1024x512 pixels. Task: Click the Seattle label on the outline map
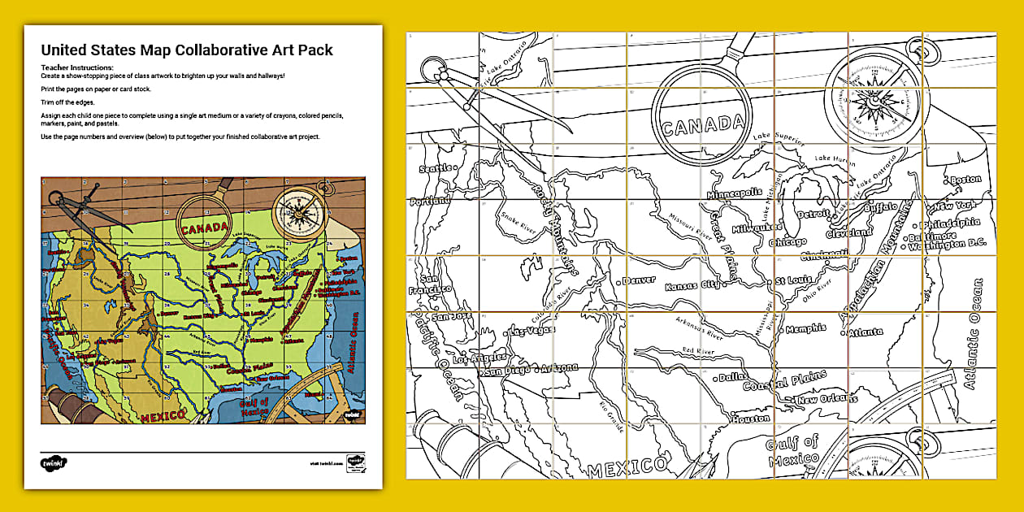[435, 169]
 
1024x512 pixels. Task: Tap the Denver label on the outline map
[640, 280]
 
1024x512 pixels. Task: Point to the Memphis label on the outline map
[806, 328]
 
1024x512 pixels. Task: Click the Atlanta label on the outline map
[866, 332]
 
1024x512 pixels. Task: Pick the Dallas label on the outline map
[735, 377]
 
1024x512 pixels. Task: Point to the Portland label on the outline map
[431, 201]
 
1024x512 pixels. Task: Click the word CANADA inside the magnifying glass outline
[703, 125]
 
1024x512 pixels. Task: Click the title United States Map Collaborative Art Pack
[187, 50]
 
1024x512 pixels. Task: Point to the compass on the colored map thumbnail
[298, 210]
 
